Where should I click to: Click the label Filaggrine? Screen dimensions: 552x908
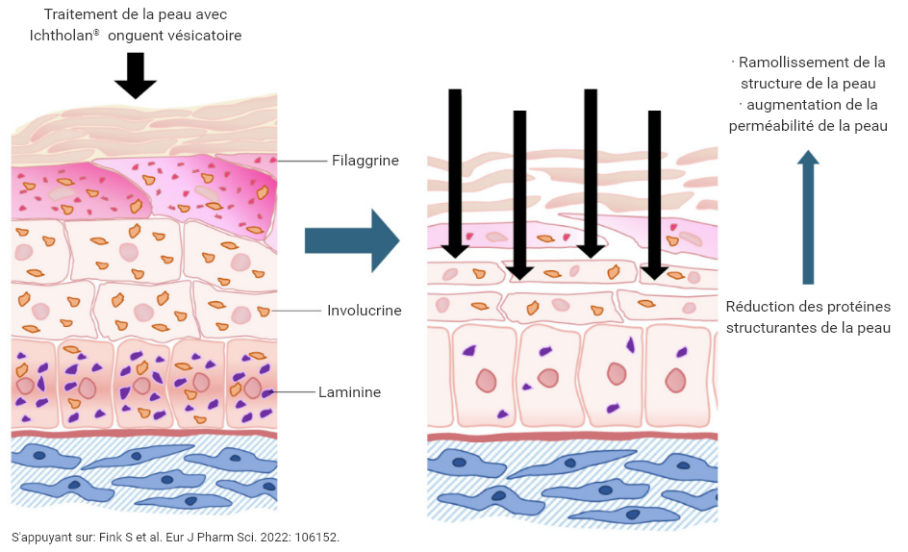pos(365,161)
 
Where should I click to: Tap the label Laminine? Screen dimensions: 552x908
pos(350,392)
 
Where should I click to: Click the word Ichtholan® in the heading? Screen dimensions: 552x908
pos(63,36)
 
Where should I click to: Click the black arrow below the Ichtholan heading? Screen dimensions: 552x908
pos(136,75)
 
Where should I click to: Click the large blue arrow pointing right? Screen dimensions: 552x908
pos(351,240)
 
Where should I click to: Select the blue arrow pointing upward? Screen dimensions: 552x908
pos(809,216)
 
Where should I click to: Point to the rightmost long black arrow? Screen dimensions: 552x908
pos(655,192)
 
